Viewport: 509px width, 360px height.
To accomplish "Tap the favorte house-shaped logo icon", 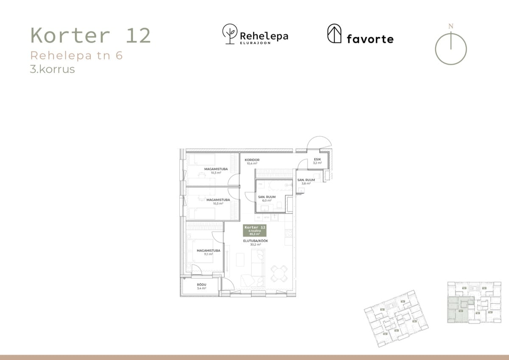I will [334, 34].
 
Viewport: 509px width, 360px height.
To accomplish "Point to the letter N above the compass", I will [450, 26].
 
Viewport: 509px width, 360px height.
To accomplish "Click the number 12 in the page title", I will [138, 36].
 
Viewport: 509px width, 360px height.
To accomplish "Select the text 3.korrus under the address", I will [52, 69].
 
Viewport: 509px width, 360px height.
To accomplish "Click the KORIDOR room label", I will [252, 160].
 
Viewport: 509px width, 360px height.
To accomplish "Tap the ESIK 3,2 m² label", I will [317, 161].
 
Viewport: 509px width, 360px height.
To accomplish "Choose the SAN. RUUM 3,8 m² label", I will [306, 182].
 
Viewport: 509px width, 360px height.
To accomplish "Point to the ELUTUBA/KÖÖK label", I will [255, 242].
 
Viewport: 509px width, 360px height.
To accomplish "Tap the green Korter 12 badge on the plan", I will [255, 230].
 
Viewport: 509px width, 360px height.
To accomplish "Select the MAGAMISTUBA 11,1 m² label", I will [208, 252].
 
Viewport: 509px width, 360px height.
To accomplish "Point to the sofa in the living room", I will [257, 264].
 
